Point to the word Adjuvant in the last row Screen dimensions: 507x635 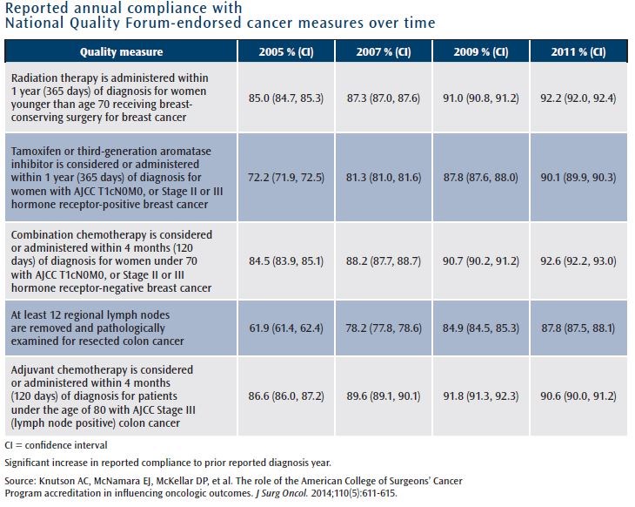tap(36, 369)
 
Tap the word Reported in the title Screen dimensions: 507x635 tap(37, 10)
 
